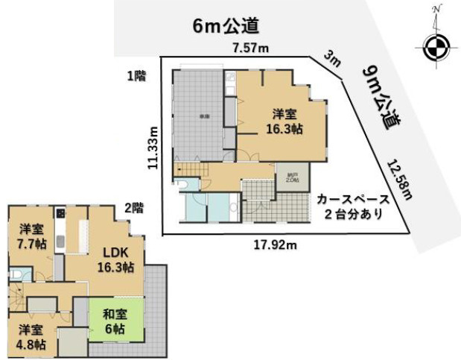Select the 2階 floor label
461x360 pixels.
click(x=133, y=209)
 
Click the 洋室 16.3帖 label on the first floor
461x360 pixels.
click(x=286, y=121)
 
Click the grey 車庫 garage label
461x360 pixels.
click(x=203, y=116)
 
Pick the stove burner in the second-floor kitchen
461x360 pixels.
click(x=61, y=214)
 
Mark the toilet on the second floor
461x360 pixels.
click(x=16, y=275)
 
